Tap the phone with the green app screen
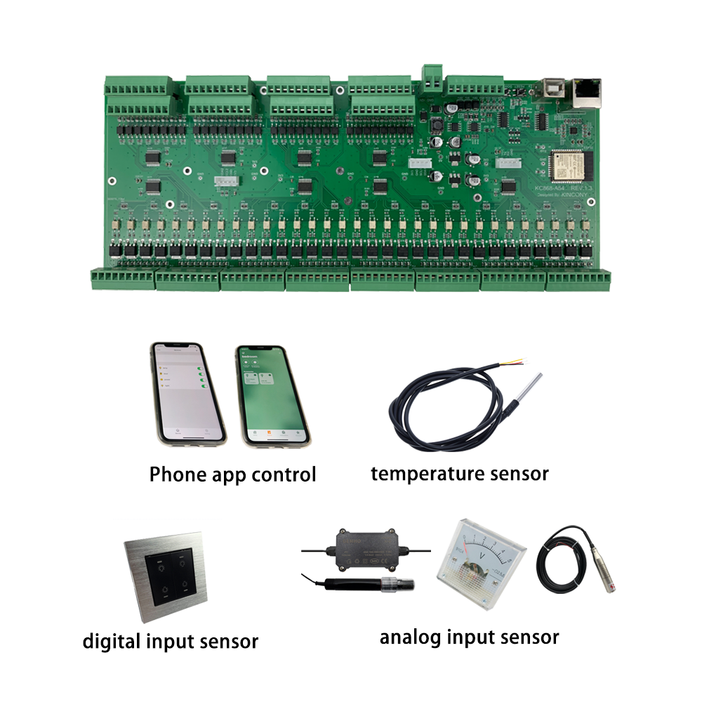[272, 397]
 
